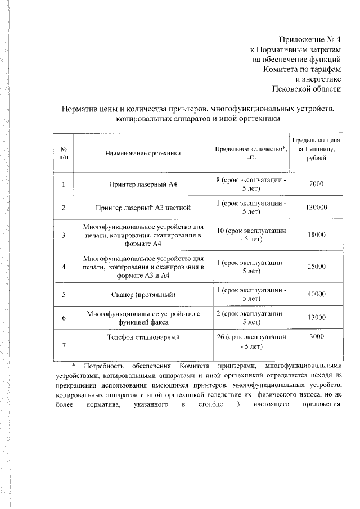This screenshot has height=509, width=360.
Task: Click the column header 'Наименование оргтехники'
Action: tap(142, 153)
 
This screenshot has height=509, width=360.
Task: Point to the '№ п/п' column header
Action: tap(64, 153)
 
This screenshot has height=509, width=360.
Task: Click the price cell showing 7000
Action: tap(316, 184)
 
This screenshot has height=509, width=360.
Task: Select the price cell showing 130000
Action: tap(316, 208)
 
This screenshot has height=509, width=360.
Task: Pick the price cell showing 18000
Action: tap(316, 235)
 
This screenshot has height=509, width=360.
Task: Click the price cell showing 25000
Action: tap(316, 267)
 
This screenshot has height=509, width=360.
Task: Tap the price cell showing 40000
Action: tap(316, 294)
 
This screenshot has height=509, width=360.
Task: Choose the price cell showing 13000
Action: tap(316, 318)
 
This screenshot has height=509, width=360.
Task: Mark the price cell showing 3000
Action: tap(316, 336)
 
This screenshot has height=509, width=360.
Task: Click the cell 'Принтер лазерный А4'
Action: tap(142, 184)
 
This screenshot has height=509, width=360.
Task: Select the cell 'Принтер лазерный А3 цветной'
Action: tap(142, 208)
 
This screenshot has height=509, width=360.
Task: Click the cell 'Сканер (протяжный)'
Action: tap(142, 294)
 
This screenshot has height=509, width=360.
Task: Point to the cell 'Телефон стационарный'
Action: tap(142, 336)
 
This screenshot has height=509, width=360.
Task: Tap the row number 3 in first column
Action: tap(64, 235)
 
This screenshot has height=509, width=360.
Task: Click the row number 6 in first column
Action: tap(64, 318)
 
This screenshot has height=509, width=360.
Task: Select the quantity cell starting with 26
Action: tap(251, 341)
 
